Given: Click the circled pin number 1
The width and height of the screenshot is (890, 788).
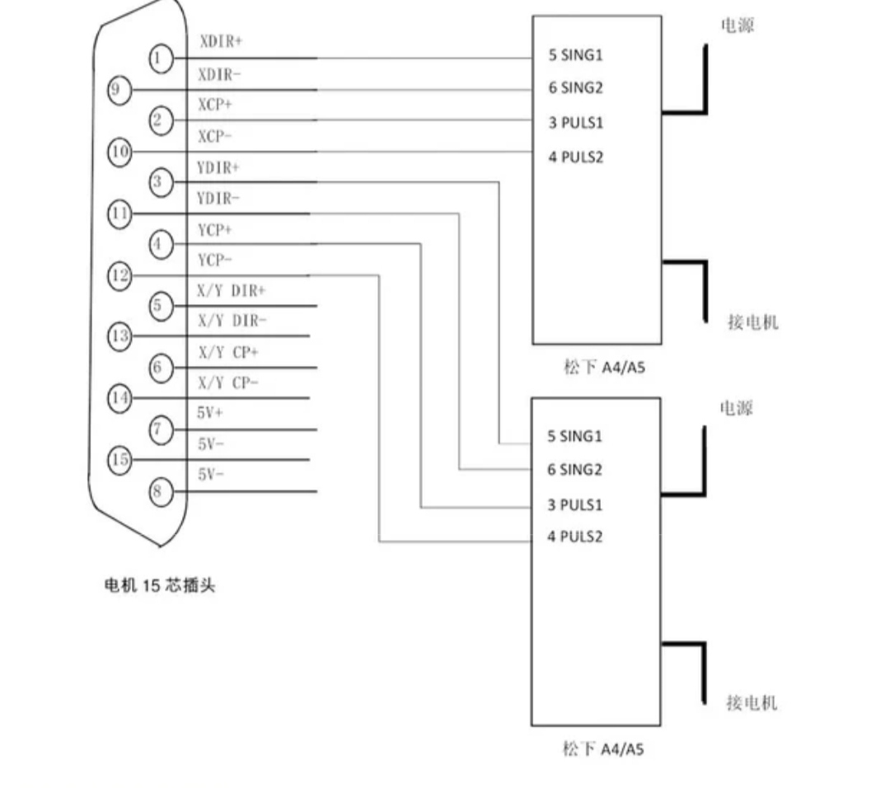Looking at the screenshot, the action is click(x=161, y=59).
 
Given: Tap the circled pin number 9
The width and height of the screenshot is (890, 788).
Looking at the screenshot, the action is click(x=119, y=90).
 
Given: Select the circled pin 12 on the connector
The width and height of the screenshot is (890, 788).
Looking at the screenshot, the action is click(x=119, y=276).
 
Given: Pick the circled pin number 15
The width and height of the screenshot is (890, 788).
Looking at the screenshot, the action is click(x=119, y=459).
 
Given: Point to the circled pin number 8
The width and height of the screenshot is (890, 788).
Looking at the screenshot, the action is click(x=161, y=491).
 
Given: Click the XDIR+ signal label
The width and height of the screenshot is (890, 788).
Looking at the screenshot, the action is click(x=221, y=41).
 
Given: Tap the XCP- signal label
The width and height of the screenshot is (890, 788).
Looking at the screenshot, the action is click(x=214, y=137).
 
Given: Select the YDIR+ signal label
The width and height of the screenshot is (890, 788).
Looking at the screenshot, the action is click(x=218, y=168).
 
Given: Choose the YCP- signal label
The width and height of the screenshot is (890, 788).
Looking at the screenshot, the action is click(x=214, y=260).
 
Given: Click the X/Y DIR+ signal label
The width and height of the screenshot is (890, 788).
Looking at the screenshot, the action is click(x=231, y=291).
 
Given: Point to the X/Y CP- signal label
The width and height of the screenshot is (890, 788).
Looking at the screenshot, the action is click(x=227, y=383).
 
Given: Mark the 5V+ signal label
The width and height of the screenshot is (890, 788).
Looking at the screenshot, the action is click(x=209, y=413).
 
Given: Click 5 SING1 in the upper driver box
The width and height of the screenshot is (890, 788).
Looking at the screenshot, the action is click(x=575, y=55).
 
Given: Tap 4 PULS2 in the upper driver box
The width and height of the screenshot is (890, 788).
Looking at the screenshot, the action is click(x=575, y=157).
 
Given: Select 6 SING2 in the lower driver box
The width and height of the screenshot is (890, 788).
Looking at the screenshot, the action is click(x=574, y=470).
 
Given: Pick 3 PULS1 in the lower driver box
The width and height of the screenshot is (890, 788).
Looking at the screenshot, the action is click(x=574, y=505).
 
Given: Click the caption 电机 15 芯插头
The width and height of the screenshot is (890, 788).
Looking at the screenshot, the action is click(x=160, y=585).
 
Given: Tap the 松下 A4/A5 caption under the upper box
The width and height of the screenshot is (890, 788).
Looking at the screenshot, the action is click(x=605, y=368).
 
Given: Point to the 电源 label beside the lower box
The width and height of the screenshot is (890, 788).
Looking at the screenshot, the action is click(x=736, y=408).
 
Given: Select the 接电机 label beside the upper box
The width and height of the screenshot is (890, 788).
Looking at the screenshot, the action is click(x=753, y=322).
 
